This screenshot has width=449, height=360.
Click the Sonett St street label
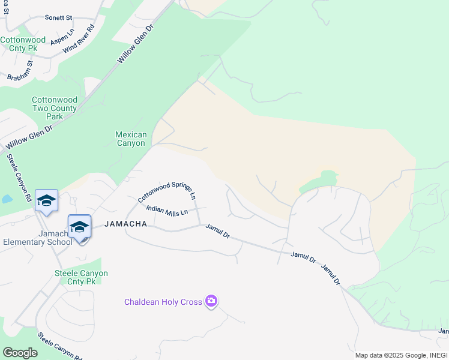point(58,18)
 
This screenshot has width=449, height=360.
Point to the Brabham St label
point(20,71)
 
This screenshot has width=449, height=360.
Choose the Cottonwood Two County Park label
point(55,108)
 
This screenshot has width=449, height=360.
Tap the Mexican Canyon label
point(130,139)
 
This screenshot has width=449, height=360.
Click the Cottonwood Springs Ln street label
point(167,190)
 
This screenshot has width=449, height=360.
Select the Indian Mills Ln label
point(167,209)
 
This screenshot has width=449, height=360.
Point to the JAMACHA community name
point(125,224)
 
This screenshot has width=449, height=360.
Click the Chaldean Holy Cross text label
point(163,302)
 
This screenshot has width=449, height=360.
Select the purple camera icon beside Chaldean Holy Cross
point(211,301)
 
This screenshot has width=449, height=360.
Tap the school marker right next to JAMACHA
point(79,227)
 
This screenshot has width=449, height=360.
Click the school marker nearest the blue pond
point(46,201)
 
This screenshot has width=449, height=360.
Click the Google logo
point(20,352)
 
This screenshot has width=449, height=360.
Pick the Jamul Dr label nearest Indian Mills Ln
point(218,231)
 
